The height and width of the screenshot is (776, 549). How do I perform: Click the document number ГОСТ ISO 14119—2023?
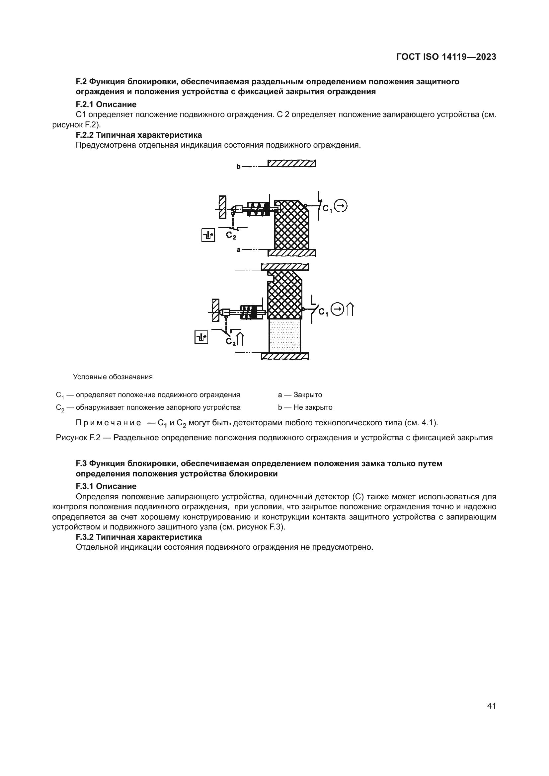446,57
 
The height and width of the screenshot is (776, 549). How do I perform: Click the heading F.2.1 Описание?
106,104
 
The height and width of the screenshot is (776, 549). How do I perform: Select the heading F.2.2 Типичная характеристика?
139,135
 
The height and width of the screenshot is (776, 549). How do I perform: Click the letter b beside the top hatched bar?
238,166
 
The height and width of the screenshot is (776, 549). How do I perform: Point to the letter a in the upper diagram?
238,250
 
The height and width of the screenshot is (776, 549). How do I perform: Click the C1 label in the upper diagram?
327,209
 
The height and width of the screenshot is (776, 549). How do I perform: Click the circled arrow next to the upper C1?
341,206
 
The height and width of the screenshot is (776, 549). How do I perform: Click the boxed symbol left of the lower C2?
201,337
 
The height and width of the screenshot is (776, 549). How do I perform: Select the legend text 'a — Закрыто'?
300,395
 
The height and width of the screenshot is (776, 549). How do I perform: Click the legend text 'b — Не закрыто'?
305,407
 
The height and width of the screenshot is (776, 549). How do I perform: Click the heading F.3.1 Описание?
106,486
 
